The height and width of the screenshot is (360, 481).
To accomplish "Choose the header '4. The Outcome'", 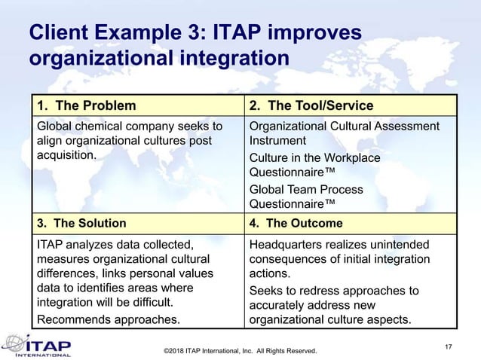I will click(x=296, y=223).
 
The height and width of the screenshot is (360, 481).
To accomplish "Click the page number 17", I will click(x=449, y=346).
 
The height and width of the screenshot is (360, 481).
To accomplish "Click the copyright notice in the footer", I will click(x=240, y=351).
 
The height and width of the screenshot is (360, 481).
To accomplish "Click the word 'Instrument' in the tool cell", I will click(x=277, y=140).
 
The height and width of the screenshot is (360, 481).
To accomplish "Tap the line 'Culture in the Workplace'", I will click(x=314, y=158).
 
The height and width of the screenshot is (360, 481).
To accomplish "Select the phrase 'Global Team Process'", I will click(x=306, y=189).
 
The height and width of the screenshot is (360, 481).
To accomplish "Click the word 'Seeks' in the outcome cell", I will click(x=266, y=291).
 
